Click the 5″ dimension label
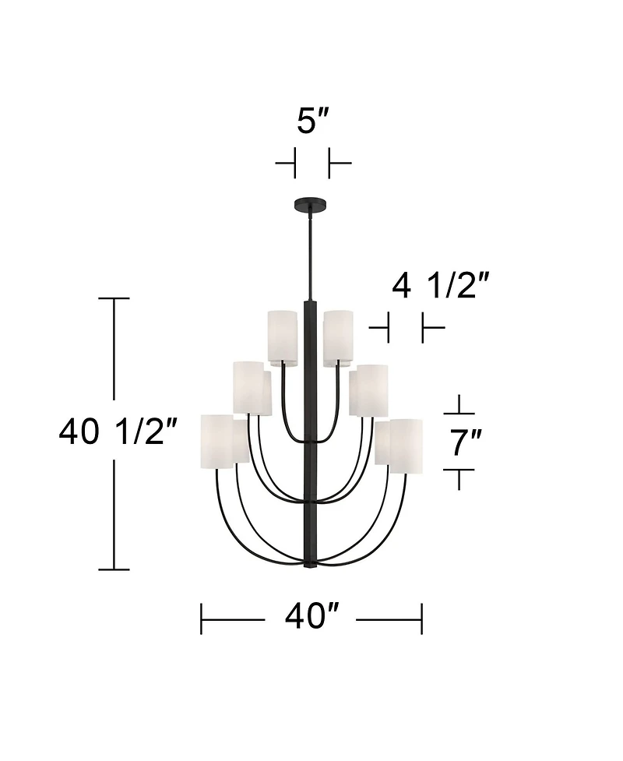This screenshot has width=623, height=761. (313, 122)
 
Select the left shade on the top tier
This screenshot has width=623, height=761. (283, 336)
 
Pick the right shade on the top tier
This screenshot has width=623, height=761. (338, 336)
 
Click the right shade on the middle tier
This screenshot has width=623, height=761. (368, 390)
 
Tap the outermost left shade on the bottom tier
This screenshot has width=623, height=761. (217, 443)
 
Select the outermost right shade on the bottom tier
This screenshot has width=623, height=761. (406, 446)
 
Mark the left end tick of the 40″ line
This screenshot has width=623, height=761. (202, 618)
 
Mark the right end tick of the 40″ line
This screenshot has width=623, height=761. (421, 618)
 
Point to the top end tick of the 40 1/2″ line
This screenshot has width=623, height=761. (115, 298)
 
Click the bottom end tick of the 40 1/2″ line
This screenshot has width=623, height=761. (115, 569)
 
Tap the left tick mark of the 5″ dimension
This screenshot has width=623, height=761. (295, 164)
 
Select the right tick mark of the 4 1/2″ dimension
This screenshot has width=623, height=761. (423, 328)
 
